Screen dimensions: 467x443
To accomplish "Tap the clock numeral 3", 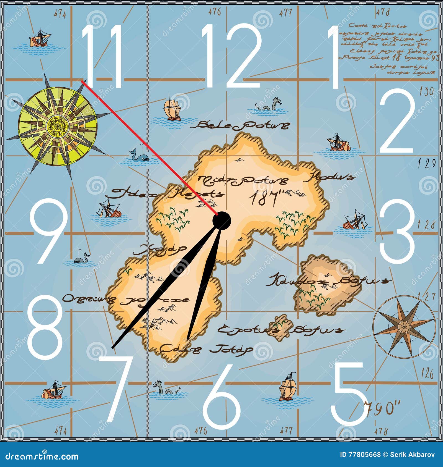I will tap(397, 232).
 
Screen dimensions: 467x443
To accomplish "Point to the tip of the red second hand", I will tap(82, 82).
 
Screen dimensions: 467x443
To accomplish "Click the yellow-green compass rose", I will tap(58, 126).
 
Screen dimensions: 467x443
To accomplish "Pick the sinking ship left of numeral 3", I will tap(354, 221).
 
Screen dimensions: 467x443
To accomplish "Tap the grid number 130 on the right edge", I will tap(426, 92).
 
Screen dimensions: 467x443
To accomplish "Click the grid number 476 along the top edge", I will tap(215, 12).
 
